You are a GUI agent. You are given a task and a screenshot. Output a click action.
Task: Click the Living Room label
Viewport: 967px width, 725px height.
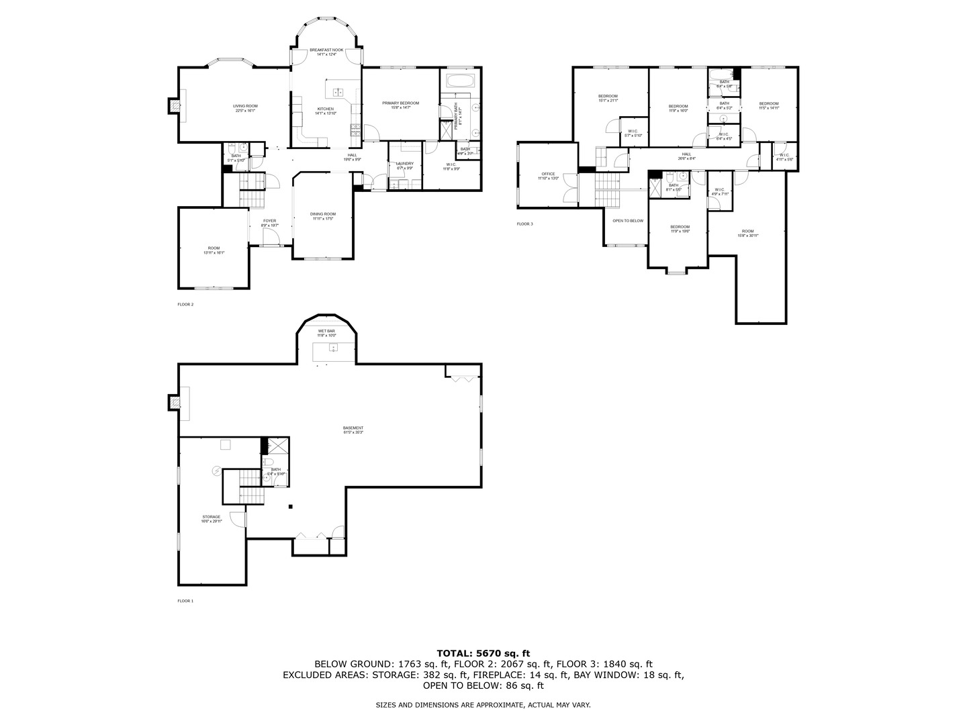coord(245,108)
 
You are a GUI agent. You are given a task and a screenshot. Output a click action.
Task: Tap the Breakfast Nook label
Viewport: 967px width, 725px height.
coord(326,52)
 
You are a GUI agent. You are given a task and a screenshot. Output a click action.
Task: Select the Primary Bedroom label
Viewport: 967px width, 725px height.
coord(400,105)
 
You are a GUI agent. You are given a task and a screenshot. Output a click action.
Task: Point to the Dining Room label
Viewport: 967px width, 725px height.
coord(323,216)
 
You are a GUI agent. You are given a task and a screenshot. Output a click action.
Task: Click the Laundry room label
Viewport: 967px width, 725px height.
coord(405,165)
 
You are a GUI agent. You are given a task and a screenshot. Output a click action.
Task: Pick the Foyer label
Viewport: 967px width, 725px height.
coord(269,223)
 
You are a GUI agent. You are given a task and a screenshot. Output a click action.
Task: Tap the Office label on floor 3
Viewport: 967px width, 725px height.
coord(548,176)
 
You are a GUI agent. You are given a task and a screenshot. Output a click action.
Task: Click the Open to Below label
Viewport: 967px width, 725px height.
coord(627,221)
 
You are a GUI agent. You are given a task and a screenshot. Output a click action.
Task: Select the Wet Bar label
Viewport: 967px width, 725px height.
coord(326,333)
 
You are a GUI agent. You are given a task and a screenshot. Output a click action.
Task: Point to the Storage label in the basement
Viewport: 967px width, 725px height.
coord(211,519)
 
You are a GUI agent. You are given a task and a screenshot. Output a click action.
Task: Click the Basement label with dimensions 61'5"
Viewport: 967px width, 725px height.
coord(353,430)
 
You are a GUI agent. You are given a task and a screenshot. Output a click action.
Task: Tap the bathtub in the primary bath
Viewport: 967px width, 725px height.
coord(461,81)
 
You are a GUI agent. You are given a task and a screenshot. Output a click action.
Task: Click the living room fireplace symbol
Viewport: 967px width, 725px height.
coord(174,105)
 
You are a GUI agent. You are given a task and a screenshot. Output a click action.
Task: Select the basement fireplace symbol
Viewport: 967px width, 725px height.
coord(174,401)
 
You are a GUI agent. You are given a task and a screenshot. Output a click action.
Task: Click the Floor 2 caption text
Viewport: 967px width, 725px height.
coord(185,304)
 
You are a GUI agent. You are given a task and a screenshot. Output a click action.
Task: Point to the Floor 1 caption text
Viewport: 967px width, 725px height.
coord(185,601)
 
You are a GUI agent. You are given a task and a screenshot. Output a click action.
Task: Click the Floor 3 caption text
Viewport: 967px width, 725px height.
coord(524,224)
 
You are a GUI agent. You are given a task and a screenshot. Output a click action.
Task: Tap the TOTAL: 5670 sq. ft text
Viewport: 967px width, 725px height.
coord(483,652)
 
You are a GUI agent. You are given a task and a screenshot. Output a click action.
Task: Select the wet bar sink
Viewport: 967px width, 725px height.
coord(332,347)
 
